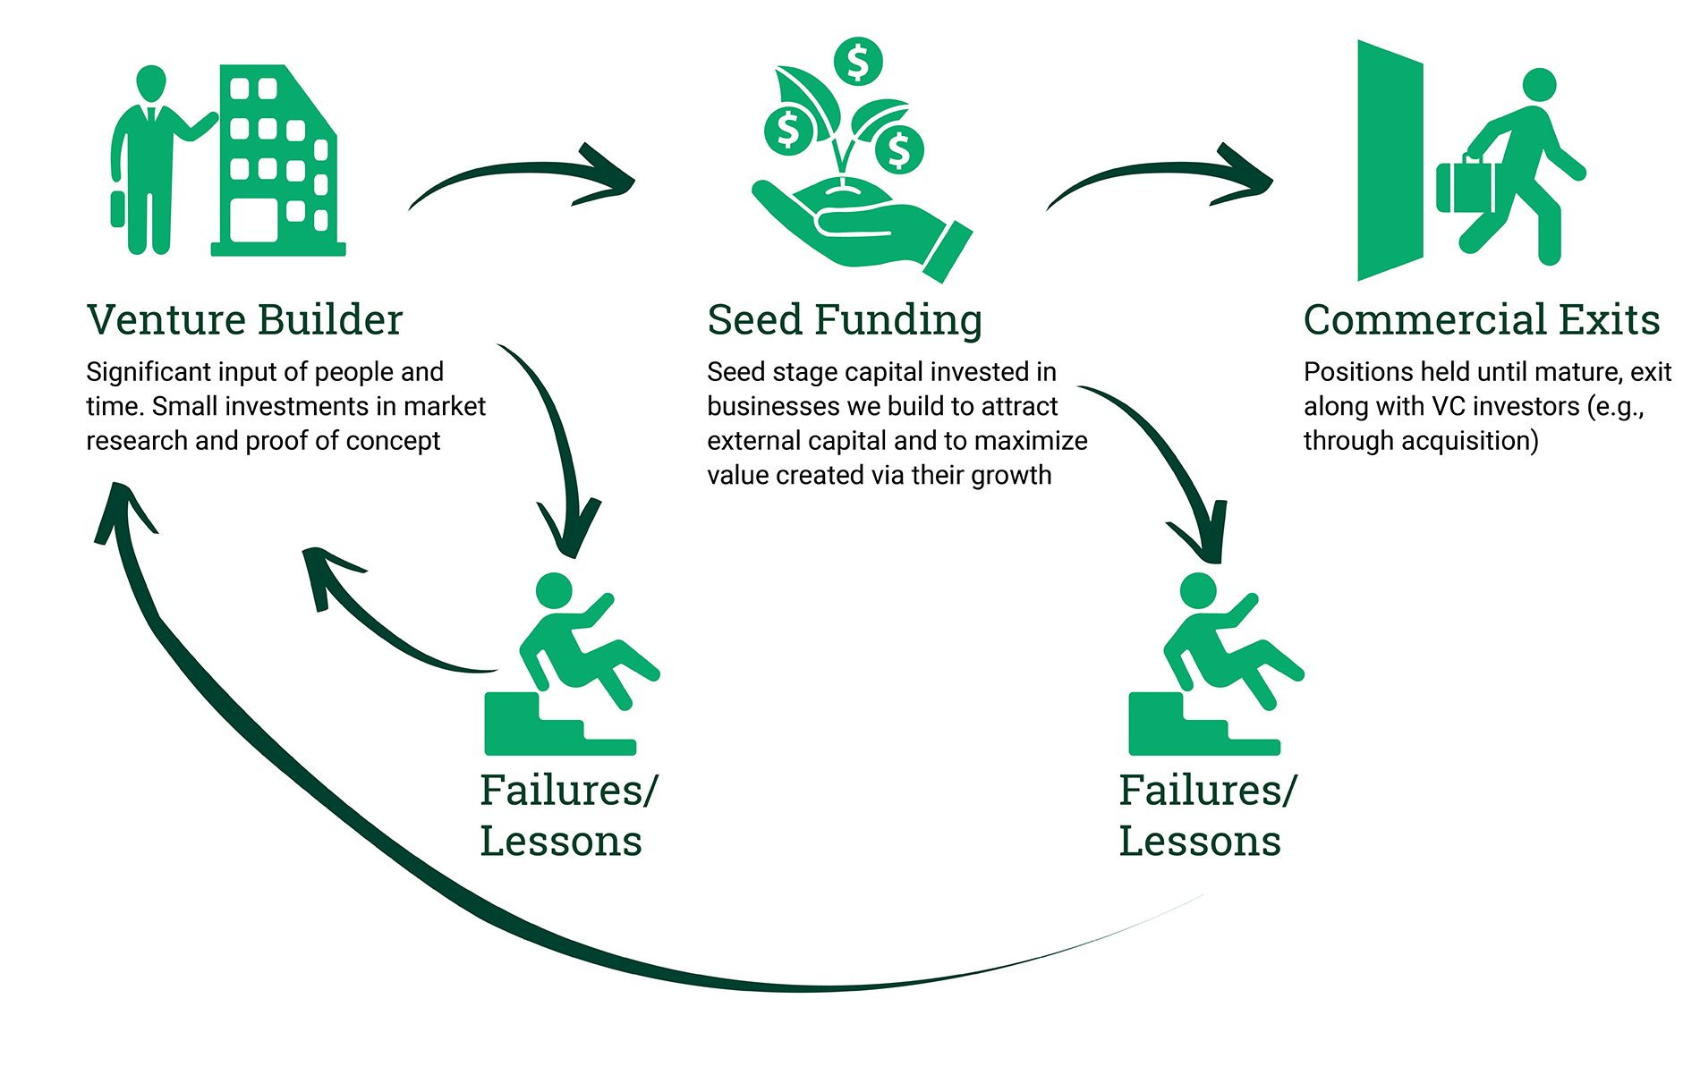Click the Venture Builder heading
(x=244, y=320)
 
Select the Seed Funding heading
(x=844, y=320)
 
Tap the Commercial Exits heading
(x=1481, y=320)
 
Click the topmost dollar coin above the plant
(x=858, y=62)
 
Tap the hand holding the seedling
(x=859, y=224)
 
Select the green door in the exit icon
(x=1389, y=161)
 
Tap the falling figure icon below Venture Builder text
(x=573, y=666)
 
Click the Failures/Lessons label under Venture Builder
(x=567, y=815)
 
